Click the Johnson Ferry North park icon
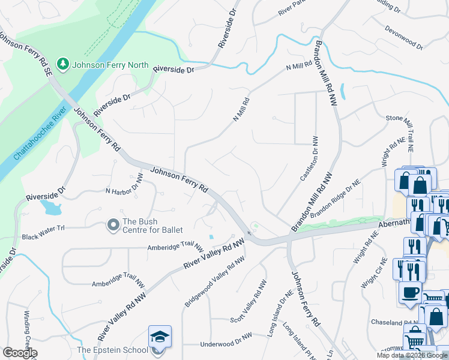62,63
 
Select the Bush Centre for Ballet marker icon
113,225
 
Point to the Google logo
19,353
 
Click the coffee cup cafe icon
410,292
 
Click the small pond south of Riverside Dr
52,208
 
